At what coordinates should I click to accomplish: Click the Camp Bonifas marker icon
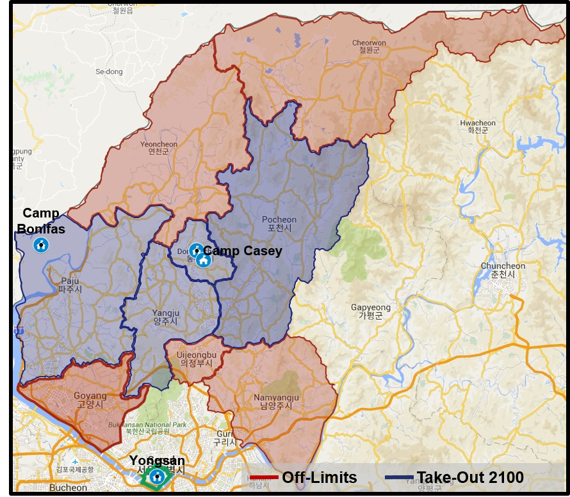click(x=40, y=244)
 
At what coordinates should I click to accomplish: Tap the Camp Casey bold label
click(x=243, y=251)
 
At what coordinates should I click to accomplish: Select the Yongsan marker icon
click(x=156, y=476)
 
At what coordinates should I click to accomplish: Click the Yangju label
click(x=165, y=317)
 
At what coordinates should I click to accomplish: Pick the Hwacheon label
click(x=478, y=127)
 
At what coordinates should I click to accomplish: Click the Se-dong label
click(x=108, y=72)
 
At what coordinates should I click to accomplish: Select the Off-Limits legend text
click(x=319, y=477)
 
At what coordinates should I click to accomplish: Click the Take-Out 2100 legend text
click(x=470, y=477)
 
